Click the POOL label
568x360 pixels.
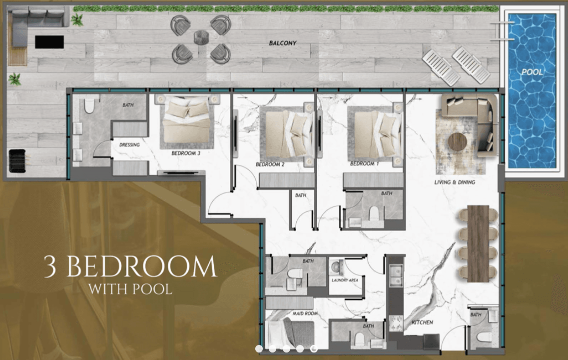[x=532, y=72]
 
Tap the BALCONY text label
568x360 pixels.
[x=283, y=43]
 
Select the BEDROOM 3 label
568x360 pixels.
[x=186, y=153]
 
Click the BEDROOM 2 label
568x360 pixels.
[x=270, y=164]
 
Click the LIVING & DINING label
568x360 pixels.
[x=455, y=182]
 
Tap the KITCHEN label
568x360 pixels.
[x=422, y=322]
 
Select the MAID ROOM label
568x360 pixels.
[x=305, y=313]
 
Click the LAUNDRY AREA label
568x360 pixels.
[x=345, y=280]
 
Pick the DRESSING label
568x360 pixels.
[x=129, y=145]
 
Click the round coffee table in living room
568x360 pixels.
[x=457, y=141]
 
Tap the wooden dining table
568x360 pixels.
[x=478, y=243]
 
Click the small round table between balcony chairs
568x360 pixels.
[x=201, y=37]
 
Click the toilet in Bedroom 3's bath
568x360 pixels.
[x=89, y=105]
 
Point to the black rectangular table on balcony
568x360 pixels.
[x=49, y=42]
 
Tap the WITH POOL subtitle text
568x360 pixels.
[x=130, y=289]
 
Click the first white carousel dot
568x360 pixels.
[x=259, y=348]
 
